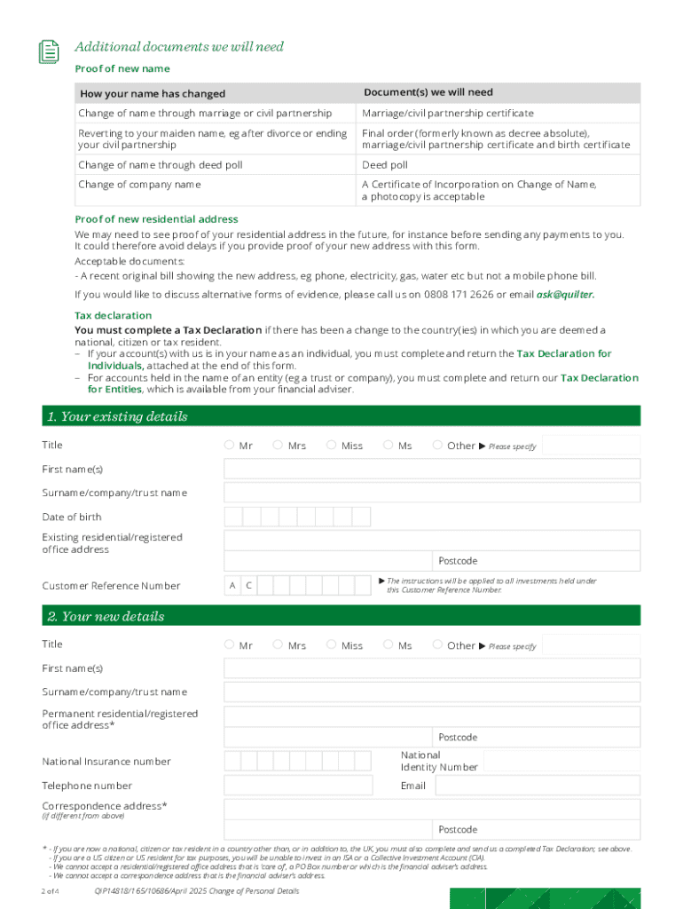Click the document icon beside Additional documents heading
tap(49, 51)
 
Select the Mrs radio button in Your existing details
tap(278, 445)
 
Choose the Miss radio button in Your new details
tap(331, 644)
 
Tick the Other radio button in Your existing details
tap(437, 445)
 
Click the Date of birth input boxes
tap(297, 517)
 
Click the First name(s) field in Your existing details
tap(431, 469)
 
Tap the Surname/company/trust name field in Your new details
tap(431, 692)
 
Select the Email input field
tap(537, 786)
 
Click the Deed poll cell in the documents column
tap(385, 165)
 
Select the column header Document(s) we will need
tap(428, 92)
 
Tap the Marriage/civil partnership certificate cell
tap(448, 114)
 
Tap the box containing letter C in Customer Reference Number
tap(248, 585)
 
